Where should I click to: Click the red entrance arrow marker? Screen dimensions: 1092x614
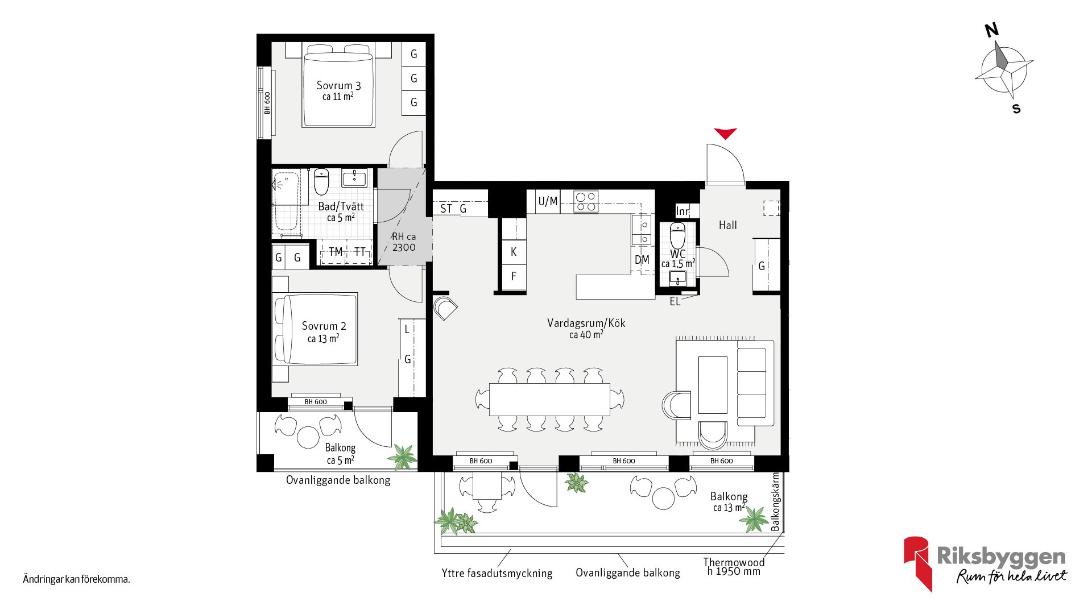pyautogui.click(x=726, y=133)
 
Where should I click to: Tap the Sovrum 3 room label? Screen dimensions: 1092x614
pyautogui.click(x=338, y=86)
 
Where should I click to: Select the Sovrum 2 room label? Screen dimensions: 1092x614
pyautogui.click(x=324, y=326)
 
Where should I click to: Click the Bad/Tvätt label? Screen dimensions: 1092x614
pyautogui.click(x=341, y=206)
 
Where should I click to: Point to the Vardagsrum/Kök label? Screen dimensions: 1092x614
pyautogui.click(x=586, y=323)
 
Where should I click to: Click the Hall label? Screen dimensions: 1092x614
pyautogui.click(x=727, y=225)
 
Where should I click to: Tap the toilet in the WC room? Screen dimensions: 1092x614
pyautogui.click(x=677, y=235)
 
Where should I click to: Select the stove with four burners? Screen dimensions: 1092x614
pyautogui.click(x=586, y=201)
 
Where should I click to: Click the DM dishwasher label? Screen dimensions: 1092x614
pyautogui.click(x=642, y=260)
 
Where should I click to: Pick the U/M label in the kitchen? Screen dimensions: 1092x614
pyautogui.click(x=548, y=201)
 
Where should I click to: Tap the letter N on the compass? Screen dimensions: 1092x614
pyautogui.click(x=992, y=30)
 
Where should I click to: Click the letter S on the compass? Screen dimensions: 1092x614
pyautogui.click(x=1016, y=109)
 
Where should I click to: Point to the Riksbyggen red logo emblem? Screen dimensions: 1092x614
pyautogui.click(x=918, y=563)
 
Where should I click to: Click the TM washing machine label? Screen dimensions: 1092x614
pyautogui.click(x=336, y=252)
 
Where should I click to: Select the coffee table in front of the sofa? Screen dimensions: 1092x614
pyautogui.click(x=713, y=385)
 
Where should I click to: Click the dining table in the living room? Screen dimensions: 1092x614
pyautogui.click(x=549, y=399)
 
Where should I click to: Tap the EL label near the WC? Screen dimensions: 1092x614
pyautogui.click(x=675, y=302)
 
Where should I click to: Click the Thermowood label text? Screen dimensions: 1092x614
pyautogui.click(x=734, y=562)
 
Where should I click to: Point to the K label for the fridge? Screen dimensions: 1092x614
pyautogui.click(x=514, y=252)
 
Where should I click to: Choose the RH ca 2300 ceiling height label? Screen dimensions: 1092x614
pyautogui.click(x=404, y=242)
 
